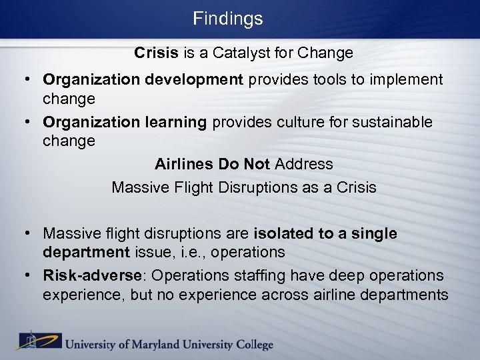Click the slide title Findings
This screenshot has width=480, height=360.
point(228,19)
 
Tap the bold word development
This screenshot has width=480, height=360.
point(202,80)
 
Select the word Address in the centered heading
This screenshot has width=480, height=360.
point(304,163)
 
